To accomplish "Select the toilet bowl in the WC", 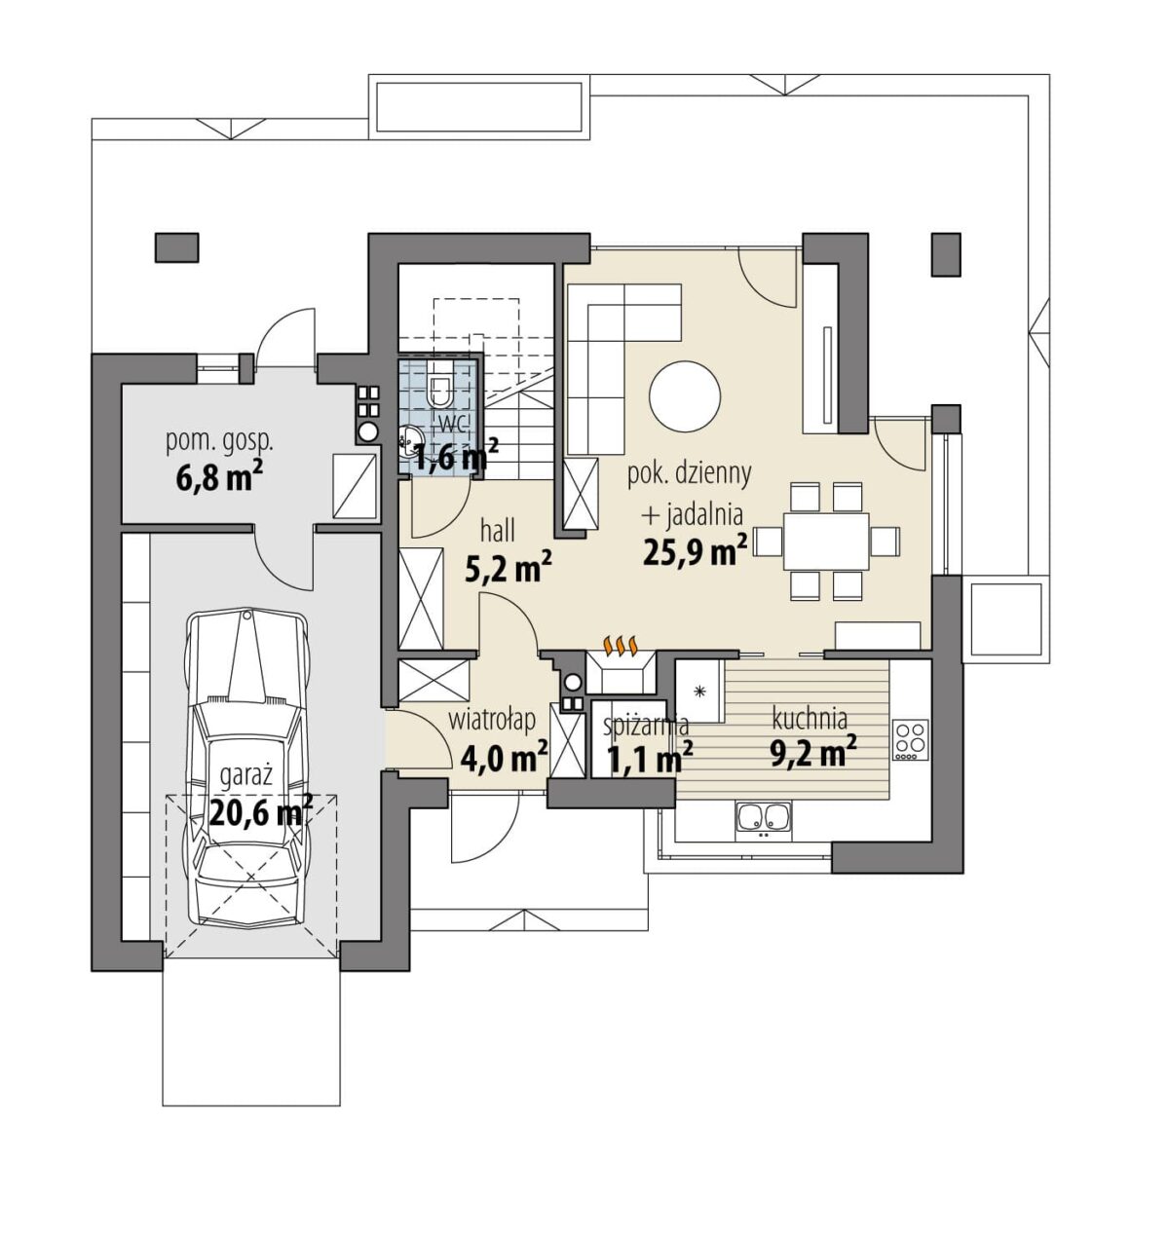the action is (x=439, y=384).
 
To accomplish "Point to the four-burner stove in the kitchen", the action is (x=910, y=740).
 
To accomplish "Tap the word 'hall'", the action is (x=498, y=532).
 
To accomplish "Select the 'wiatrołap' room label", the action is (x=492, y=721).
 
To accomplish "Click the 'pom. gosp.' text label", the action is (x=219, y=443).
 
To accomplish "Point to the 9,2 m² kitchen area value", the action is (x=813, y=752).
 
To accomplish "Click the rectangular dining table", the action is (x=826, y=541).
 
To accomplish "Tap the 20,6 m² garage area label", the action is (x=261, y=812).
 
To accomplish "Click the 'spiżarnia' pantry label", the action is (x=646, y=726).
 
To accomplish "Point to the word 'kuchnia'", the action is (x=809, y=719).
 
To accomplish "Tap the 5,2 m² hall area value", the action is (x=508, y=568).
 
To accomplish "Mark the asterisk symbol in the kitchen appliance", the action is (x=698, y=692).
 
